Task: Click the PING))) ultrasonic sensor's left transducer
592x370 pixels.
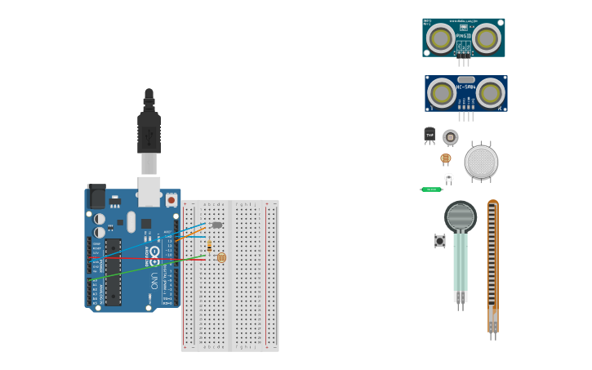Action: point(441,37)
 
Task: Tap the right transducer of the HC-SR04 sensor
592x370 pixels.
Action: point(491,91)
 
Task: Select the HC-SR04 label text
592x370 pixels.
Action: point(465,87)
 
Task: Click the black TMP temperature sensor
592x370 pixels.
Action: point(430,135)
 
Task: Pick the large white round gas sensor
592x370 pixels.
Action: point(481,162)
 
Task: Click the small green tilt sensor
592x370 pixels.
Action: point(431,189)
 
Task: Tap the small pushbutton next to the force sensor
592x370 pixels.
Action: point(439,241)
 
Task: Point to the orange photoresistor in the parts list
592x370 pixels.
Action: point(445,158)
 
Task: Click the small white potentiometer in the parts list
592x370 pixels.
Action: point(448,177)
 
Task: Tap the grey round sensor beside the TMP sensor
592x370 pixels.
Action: point(450,137)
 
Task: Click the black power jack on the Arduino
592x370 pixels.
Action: point(96,197)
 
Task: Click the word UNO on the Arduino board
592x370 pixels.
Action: point(154,281)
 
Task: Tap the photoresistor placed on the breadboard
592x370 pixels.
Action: point(221,257)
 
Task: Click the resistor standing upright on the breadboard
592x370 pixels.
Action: point(209,246)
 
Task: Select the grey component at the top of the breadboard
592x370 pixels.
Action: point(216,225)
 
